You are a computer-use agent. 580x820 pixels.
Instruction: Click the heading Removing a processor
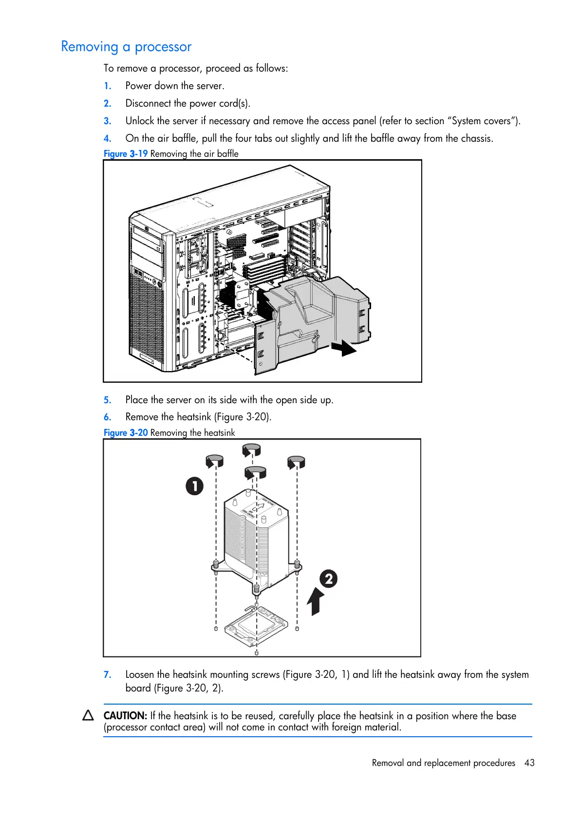click(126, 47)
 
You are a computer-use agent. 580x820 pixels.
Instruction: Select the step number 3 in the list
click(108, 121)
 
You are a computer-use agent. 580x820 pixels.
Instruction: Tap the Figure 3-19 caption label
click(126, 154)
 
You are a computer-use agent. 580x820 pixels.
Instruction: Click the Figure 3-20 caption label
click(126, 433)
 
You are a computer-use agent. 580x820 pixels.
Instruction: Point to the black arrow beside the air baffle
click(344, 348)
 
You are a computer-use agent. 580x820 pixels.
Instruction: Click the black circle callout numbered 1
click(194, 486)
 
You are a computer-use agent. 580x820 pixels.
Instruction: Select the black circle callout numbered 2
click(329, 578)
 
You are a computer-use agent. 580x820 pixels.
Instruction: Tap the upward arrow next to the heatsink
click(316, 601)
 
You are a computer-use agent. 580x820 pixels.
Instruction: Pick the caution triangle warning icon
click(88, 715)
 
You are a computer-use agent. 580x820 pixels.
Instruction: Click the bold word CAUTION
click(125, 716)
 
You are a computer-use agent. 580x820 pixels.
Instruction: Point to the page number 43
click(529, 763)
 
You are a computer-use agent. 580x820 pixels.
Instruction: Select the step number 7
click(108, 675)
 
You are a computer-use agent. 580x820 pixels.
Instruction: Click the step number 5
click(108, 400)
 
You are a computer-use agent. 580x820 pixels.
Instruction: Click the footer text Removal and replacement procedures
click(443, 763)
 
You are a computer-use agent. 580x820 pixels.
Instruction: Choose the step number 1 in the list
click(108, 86)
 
